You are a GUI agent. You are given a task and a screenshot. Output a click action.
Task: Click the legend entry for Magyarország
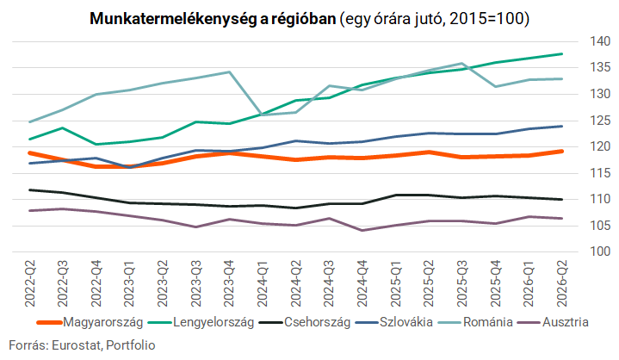(90, 322)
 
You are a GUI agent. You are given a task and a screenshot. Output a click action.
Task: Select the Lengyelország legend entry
(201, 322)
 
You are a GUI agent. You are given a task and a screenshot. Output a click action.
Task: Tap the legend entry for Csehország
(305, 322)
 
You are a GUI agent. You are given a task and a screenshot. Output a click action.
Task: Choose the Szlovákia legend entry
(394, 322)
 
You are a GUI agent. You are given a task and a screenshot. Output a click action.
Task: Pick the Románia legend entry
(475, 322)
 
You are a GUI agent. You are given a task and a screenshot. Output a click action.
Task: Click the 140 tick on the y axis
(600, 41)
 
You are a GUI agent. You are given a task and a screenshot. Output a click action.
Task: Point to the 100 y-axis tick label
(600, 251)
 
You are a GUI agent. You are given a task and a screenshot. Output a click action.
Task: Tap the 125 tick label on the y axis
(600, 121)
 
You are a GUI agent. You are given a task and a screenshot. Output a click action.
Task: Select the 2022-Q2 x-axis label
(30, 283)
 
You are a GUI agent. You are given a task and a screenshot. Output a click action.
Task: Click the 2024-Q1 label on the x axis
(263, 283)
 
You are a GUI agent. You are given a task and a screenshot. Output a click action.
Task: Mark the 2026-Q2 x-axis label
(562, 283)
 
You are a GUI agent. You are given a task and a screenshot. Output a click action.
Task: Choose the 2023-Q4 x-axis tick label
(230, 283)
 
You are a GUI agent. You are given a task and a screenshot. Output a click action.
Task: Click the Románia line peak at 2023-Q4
(229, 71)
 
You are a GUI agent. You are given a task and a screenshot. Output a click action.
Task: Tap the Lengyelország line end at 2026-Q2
(562, 53)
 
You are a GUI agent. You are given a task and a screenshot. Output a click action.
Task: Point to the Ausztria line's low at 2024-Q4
(362, 230)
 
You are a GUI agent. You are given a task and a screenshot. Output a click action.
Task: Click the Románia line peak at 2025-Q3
(461, 63)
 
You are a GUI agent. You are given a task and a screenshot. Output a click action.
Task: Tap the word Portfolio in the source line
(131, 345)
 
